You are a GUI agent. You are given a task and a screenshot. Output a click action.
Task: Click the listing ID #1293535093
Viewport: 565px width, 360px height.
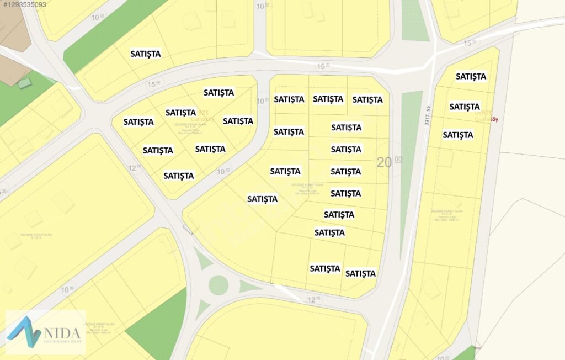[x=24, y=4]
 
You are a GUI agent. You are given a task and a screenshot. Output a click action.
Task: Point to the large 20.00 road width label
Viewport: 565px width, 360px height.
[x=390, y=162]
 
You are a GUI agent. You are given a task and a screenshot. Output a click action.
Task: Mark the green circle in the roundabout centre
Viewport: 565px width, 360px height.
[x=218, y=285]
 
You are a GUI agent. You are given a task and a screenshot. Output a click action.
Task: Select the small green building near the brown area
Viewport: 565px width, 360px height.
[x=25, y=83]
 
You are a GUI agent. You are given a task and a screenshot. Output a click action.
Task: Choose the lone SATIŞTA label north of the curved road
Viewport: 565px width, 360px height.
[x=146, y=54]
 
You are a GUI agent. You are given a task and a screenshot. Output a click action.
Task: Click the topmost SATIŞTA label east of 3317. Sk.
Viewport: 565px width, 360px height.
[x=471, y=76]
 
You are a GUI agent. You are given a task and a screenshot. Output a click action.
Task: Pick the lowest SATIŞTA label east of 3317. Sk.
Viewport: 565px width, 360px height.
[x=458, y=135]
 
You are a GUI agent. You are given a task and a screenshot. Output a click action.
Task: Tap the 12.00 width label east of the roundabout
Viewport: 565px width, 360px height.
[x=314, y=299]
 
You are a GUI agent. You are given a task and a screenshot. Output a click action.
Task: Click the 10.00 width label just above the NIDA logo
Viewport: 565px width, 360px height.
[x=67, y=290]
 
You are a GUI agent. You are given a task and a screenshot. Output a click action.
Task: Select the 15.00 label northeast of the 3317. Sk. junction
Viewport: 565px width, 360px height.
[x=469, y=43]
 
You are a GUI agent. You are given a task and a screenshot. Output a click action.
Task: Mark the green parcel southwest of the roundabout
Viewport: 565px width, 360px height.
[x=157, y=323]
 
